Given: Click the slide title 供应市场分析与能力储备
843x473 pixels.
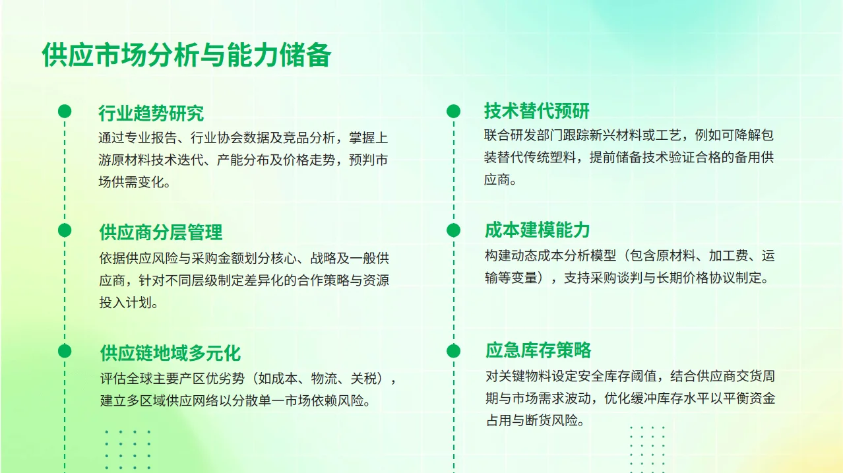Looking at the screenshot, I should [x=186, y=55].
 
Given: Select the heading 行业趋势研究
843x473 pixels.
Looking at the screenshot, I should [x=151, y=113].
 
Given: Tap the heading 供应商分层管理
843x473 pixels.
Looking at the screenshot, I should [x=161, y=232].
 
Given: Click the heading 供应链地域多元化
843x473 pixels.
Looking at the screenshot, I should [x=170, y=353].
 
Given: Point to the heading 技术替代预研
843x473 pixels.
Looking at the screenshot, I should [x=537, y=111].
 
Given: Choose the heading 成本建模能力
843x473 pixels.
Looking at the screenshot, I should [x=537, y=230].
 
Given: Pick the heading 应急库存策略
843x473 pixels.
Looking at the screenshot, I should [x=538, y=350].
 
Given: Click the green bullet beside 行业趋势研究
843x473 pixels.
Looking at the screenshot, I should [x=65, y=111].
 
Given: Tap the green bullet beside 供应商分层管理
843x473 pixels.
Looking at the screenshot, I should [x=65, y=230].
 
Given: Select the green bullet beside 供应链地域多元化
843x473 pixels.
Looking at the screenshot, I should [x=65, y=351].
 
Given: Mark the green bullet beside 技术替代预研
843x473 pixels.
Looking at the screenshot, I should [x=453, y=111].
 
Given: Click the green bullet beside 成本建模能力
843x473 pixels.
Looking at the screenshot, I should [x=453, y=230].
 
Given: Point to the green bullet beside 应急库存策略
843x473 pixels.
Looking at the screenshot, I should [x=453, y=351].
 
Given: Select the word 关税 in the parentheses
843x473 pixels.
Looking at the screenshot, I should [x=363, y=379].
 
